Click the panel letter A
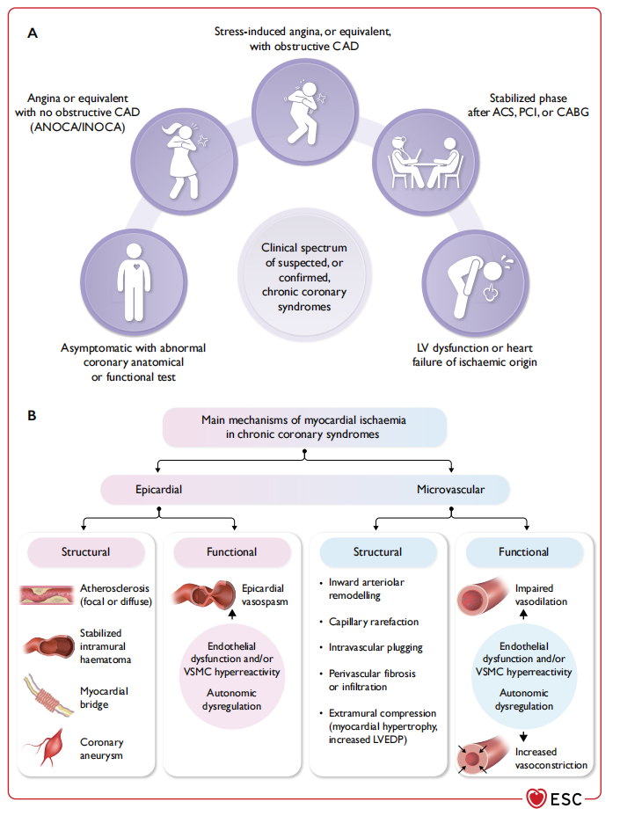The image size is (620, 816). (x=33, y=33)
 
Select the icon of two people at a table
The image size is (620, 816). (x=426, y=158)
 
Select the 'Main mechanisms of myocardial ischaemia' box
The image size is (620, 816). (x=303, y=426)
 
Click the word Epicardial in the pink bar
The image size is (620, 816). (x=159, y=488)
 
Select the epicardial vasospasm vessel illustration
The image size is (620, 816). (x=205, y=596)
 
